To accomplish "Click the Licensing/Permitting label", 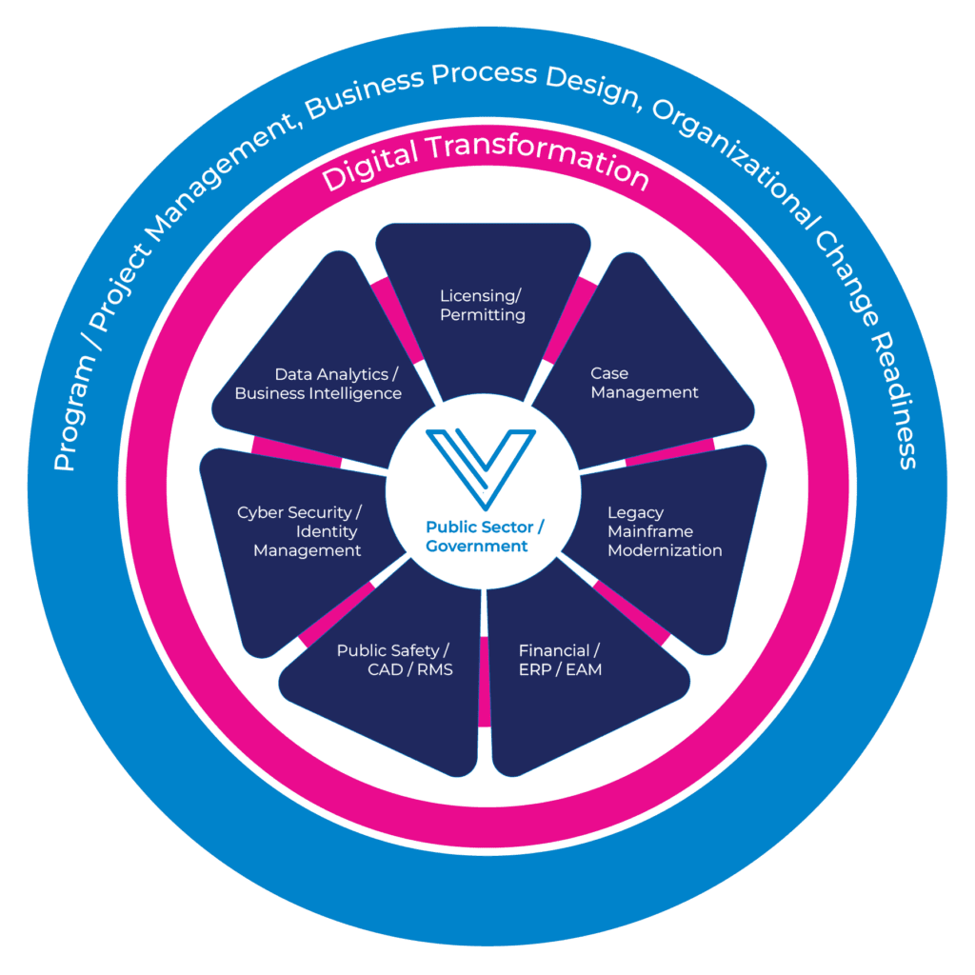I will tap(482, 305).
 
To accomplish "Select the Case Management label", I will tap(644, 383).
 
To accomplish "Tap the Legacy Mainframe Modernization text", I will tap(664, 531).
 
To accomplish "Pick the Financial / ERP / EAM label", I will tap(560, 660).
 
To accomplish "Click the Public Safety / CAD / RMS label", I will tap(394, 660).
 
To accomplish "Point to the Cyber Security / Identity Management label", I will tap(301, 531).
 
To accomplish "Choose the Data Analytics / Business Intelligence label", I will tap(319, 384).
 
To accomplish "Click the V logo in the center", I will tap(482, 467).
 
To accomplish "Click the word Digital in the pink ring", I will tap(369, 169).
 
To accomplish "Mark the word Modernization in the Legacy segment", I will tap(664, 550).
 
